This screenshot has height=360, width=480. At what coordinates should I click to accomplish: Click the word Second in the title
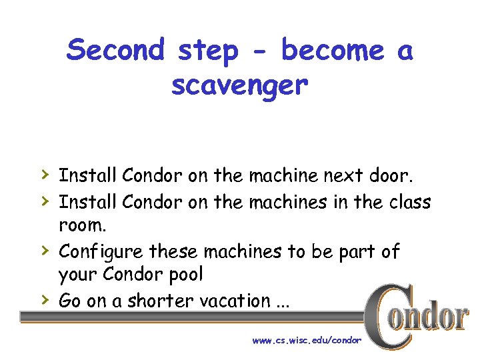pyautogui.click(x=115, y=51)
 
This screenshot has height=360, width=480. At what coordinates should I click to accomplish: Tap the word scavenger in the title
pyautogui.click(x=239, y=85)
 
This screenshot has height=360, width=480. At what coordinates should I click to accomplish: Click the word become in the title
pyautogui.click(x=331, y=51)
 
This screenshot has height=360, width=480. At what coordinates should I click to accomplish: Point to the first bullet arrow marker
pyautogui.click(x=43, y=175)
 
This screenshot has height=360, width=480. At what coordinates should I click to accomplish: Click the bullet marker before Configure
pyautogui.click(x=43, y=250)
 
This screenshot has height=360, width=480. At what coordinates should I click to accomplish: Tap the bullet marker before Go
pyautogui.click(x=43, y=299)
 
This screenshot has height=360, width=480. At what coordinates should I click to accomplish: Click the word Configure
pyautogui.click(x=101, y=252)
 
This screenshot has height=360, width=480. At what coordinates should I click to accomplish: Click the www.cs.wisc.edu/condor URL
pyautogui.click(x=306, y=340)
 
